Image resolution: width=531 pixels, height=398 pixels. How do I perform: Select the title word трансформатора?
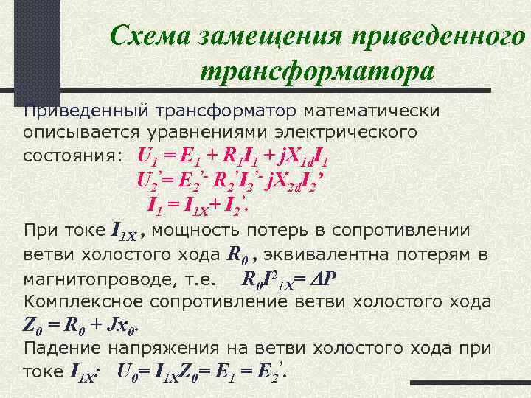(x=316, y=71)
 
